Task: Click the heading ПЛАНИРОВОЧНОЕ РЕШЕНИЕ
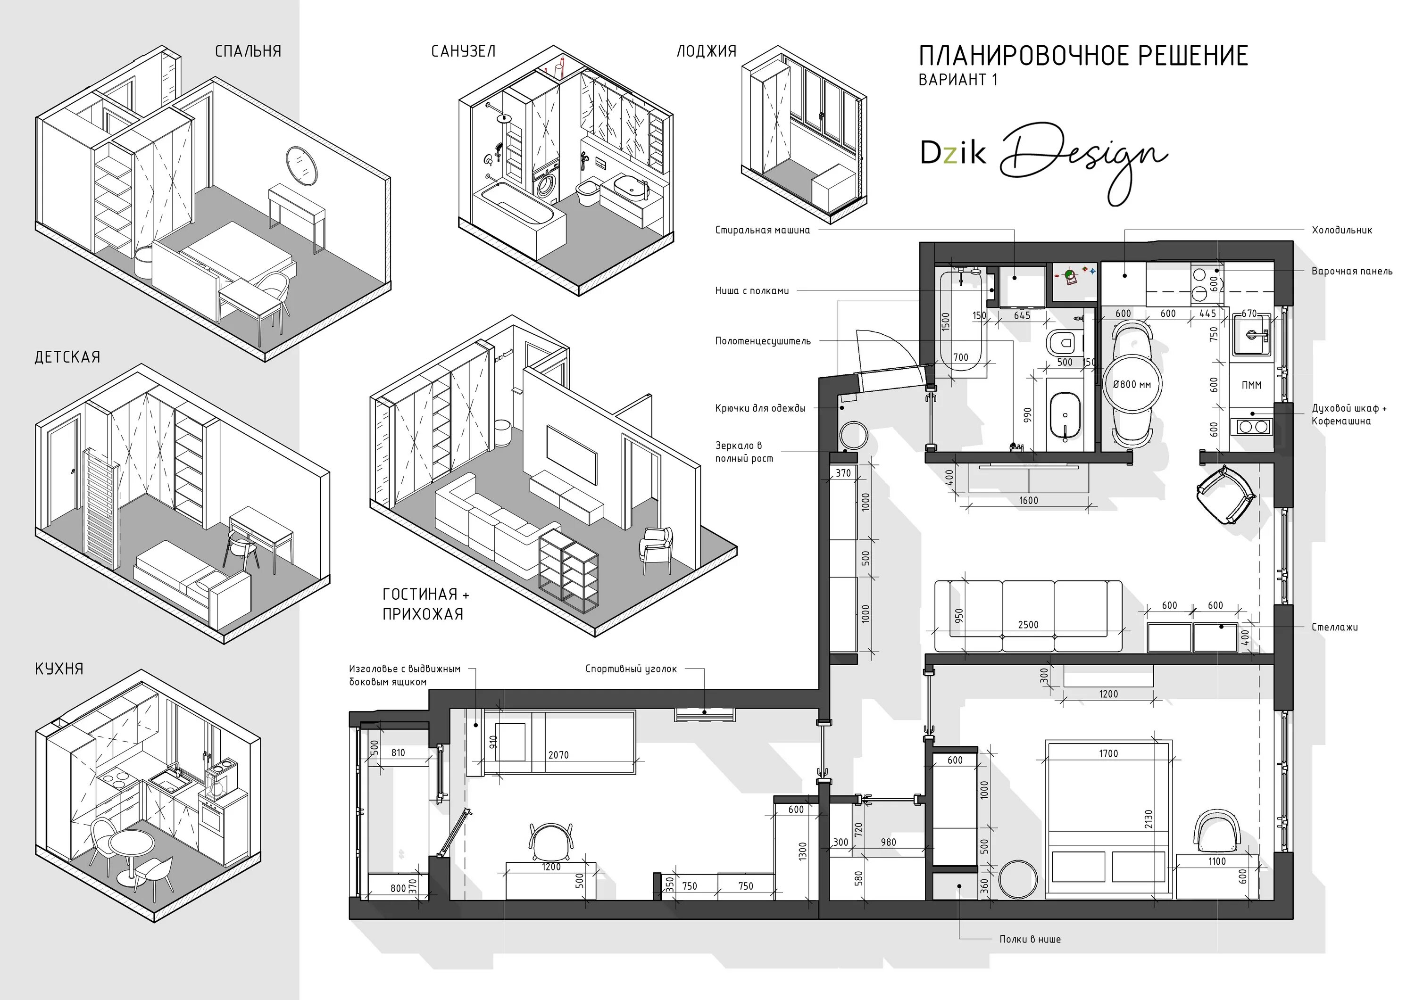1083,56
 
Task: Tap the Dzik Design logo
1044,161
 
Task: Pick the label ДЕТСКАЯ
67,357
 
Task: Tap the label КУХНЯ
59,669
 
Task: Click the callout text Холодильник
1342,231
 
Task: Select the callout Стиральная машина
762,231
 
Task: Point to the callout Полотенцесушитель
763,341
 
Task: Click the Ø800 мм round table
1132,384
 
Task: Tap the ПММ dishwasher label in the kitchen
1251,385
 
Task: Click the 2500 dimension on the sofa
1028,625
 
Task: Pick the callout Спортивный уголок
631,669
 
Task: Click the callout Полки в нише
1030,940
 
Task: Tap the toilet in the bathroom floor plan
1065,341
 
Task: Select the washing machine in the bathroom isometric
545,185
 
